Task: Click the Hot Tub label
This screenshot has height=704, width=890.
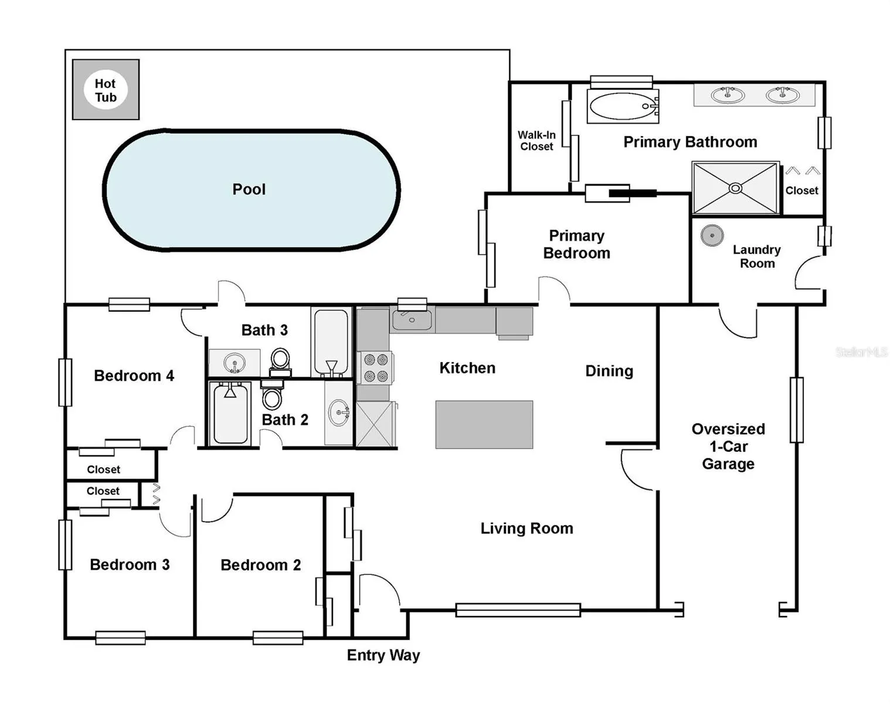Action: pyautogui.click(x=106, y=90)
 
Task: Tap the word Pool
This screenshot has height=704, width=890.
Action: pyautogui.click(x=249, y=189)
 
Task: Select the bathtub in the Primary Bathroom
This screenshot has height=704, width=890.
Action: pyautogui.click(x=623, y=106)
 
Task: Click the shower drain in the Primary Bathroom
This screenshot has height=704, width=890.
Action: pyautogui.click(x=735, y=188)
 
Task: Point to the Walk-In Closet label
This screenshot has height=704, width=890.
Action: pyautogui.click(x=536, y=141)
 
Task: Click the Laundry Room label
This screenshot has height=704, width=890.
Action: pyautogui.click(x=757, y=256)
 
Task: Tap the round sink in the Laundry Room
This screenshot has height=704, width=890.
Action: pyautogui.click(x=712, y=235)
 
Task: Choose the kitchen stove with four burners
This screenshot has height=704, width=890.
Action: pyautogui.click(x=375, y=367)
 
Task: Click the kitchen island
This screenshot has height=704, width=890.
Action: pyautogui.click(x=484, y=424)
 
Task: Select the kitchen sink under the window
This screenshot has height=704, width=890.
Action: pyautogui.click(x=412, y=320)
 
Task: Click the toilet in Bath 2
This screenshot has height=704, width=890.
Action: pyautogui.click(x=271, y=395)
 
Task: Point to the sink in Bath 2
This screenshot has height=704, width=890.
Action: pyautogui.click(x=339, y=412)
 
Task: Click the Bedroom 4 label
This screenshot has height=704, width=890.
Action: pyautogui.click(x=134, y=376)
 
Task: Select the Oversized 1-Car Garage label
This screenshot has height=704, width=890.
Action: pyautogui.click(x=728, y=446)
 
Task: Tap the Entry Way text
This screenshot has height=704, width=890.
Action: pyautogui.click(x=383, y=655)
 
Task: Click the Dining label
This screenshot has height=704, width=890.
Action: pyautogui.click(x=609, y=371)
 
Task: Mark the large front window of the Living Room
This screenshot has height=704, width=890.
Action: pyautogui.click(x=518, y=610)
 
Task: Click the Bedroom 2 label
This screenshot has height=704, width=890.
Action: pyautogui.click(x=260, y=565)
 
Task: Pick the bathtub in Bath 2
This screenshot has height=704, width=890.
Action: pyautogui.click(x=230, y=413)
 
